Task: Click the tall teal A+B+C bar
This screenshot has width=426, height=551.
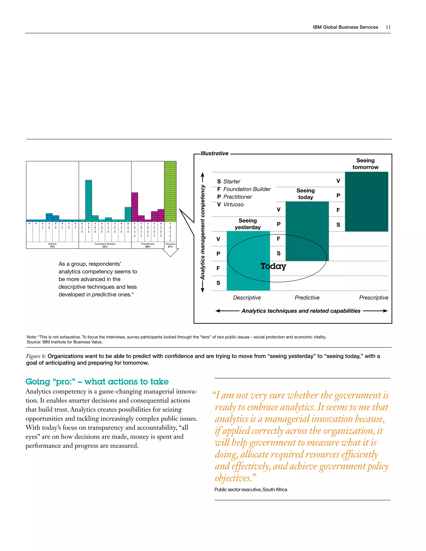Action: pos(89,200)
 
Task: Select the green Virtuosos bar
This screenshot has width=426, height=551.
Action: pos(170,191)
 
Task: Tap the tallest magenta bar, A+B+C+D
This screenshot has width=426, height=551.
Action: pos(135,207)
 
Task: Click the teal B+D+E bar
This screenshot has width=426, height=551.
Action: pos(128,214)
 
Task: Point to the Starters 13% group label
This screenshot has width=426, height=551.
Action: pos(52,245)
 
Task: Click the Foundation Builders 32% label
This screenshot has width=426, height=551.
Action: pos(105,245)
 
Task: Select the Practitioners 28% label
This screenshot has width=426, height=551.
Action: pos(148,245)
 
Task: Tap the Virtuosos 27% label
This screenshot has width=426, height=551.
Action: pos(170,245)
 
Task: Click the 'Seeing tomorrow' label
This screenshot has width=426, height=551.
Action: pos(365,164)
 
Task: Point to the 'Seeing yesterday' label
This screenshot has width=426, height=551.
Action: pos(248,224)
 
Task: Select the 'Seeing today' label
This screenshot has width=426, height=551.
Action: pos(305,194)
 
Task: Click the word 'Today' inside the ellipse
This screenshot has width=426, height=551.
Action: pos(273,266)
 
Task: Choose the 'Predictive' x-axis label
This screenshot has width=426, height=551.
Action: pos(307,298)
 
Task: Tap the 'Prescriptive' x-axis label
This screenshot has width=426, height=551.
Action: pos(374,298)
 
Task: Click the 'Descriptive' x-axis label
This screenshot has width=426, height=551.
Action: pos(247,298)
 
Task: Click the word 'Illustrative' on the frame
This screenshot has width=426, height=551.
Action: pos(214,153)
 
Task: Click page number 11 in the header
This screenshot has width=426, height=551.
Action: pos(388,27)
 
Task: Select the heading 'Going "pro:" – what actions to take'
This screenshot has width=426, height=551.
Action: pos(97,382)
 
